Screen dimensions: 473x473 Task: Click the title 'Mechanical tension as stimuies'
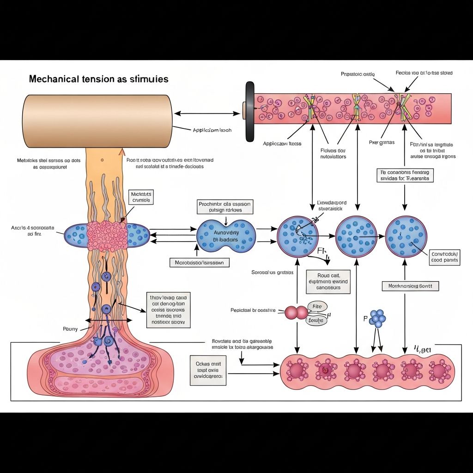click(98, 79)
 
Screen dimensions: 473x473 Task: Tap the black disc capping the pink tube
click(250, 112)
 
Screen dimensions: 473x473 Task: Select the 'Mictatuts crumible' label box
click(141, 198)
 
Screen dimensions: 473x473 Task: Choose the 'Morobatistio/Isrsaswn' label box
click(200, 262)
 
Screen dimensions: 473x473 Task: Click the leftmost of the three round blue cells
click(298, 236)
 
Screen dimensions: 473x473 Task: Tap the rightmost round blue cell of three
click(406, 236)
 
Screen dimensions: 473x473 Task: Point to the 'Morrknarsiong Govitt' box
click(410, 286)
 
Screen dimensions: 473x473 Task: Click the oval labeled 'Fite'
click(316, 306)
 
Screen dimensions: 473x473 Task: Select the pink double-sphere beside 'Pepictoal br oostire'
click(296, 313)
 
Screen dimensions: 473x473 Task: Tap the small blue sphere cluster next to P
click(378, 318)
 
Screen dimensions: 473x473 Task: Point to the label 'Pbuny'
click(70, 329)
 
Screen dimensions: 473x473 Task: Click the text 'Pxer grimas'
click(382, 143)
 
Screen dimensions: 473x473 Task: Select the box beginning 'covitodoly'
click(444, 257)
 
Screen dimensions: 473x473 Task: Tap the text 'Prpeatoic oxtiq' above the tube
click(358, 74)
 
